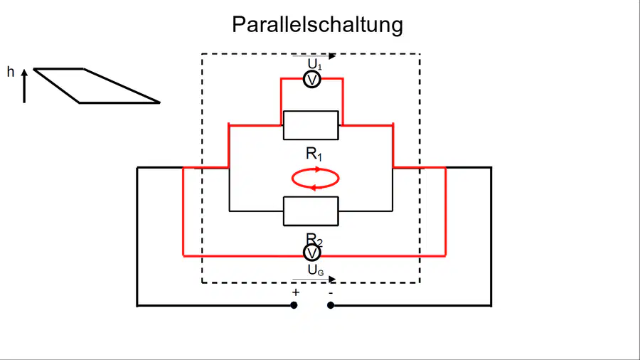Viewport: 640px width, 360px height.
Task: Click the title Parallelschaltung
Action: [318, 24]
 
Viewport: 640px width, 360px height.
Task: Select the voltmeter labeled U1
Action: [312, 80]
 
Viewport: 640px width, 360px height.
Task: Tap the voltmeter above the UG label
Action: [312, 253]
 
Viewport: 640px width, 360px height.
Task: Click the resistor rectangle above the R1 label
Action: [311, 125]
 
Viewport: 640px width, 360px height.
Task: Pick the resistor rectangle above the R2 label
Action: [311, 211]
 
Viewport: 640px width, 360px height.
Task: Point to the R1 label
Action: [314, 154]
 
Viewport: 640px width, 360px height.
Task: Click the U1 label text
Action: [315, 64]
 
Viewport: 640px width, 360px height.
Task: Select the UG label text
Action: [316, 270]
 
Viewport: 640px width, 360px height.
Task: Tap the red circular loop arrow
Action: [315, 168]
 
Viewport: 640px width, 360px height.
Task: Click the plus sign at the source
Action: [296, 292]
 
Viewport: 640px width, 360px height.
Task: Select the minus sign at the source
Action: [331, 292]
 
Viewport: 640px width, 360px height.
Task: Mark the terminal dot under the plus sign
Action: [294, 305]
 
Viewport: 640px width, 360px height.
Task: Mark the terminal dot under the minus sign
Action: [331, 305]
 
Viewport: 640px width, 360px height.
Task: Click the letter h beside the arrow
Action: [11, 73]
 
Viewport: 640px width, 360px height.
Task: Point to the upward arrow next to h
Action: [24, 85]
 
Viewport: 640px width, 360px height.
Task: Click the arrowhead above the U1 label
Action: [332, 56]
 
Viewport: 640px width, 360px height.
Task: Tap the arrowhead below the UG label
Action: [332, 279]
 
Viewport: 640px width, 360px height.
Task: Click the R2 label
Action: [314, 240]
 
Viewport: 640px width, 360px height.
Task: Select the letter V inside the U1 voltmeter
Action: [312, 80]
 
